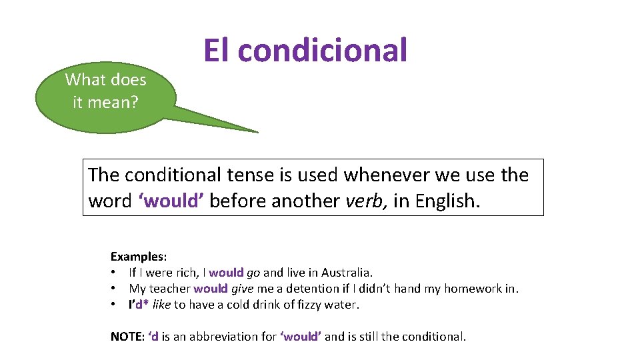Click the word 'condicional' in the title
(322, 51)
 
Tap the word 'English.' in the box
(447, 201)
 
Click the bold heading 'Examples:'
(139, 256)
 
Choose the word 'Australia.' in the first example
(347, 272)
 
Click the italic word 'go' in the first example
(253, 273)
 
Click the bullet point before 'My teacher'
(115, 289)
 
